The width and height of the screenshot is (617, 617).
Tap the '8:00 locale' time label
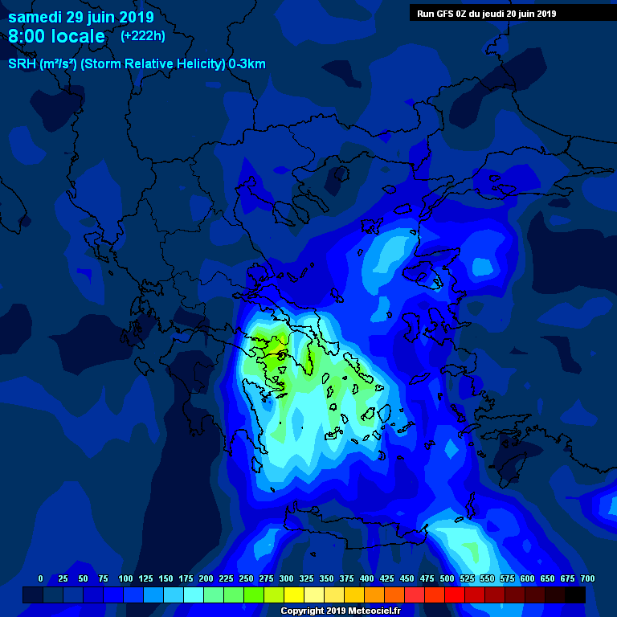(x=56, y=36)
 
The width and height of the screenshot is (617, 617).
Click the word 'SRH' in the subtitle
(x=22, y=64)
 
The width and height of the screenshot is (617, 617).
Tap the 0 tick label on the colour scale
(x=41, y=578)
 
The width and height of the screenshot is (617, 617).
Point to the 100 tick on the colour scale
(x=125, y=578)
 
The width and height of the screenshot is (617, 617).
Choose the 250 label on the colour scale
(x=246, y=578)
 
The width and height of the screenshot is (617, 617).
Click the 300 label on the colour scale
(x=286, y=578)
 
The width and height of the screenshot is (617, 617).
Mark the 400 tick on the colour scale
(x=366, y=578)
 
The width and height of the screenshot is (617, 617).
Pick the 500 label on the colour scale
(x=447, y=578)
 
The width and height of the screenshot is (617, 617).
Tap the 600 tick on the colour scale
(x=527, y=578)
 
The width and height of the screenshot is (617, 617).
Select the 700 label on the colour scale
(x=587, y=578)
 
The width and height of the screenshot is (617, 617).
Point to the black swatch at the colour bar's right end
(x=575, y=595)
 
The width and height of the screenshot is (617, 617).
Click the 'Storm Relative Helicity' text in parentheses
(x=153, y=64)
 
